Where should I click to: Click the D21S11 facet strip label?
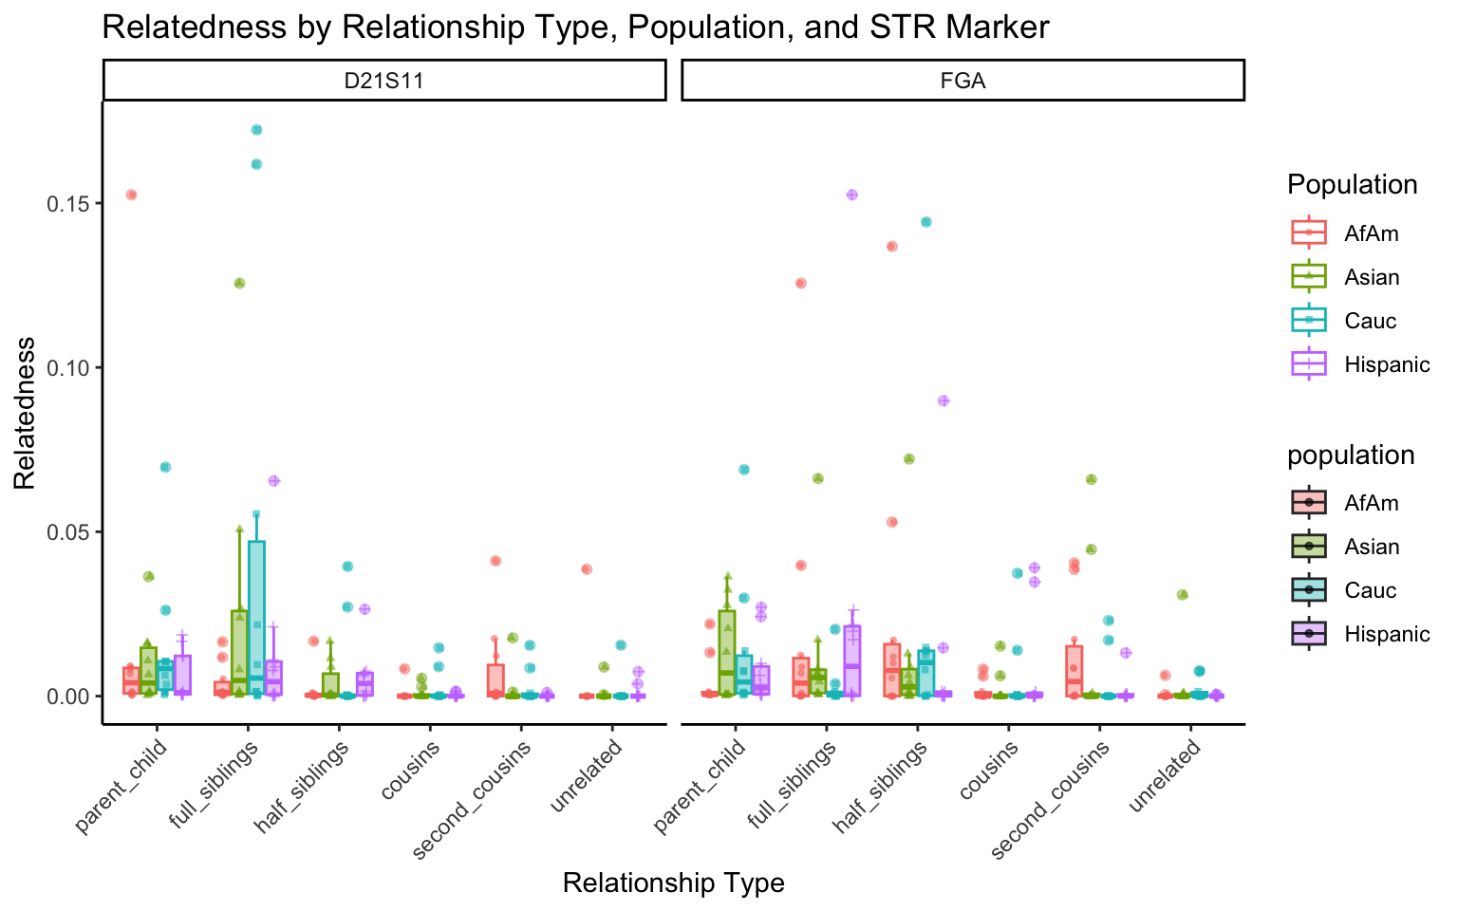coord(383,81)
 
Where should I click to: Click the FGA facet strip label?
coord(963,81)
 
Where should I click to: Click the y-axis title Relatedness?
coord(25,413)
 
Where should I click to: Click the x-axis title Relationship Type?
coord(673,883)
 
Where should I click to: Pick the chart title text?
coord(575,27)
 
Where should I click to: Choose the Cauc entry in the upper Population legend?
coord(1370,321)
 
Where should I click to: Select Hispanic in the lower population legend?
coord(1386,634)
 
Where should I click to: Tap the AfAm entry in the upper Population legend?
coord(1371,233)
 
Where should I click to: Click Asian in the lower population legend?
coord(1372,547)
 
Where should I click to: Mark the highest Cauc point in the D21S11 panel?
coord(256,130)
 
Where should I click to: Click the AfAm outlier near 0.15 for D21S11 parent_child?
coord(131,195)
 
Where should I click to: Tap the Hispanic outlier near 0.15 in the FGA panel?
coord(851,195)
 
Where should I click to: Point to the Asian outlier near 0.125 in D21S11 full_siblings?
coord(239,283)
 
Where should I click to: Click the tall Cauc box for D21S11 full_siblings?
coord(256,617)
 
